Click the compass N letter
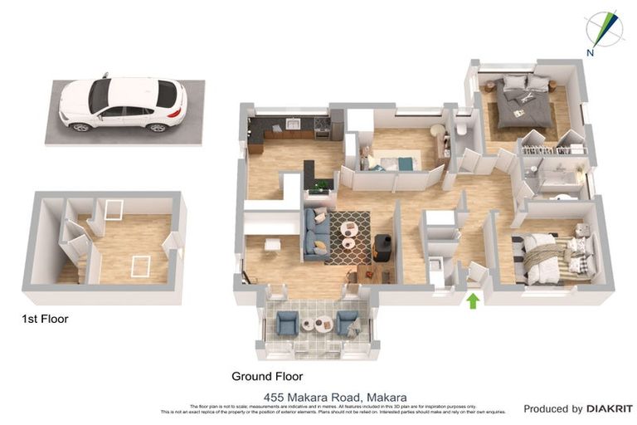(590, 53)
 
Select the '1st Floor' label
(45, 319)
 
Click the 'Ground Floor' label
(267, 376)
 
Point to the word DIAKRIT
(610, 408)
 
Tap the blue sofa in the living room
(316, 233)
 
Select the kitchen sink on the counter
(292, 125)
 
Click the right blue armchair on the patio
(347, 322)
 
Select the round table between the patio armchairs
(318, 324)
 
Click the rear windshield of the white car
(167, 94)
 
